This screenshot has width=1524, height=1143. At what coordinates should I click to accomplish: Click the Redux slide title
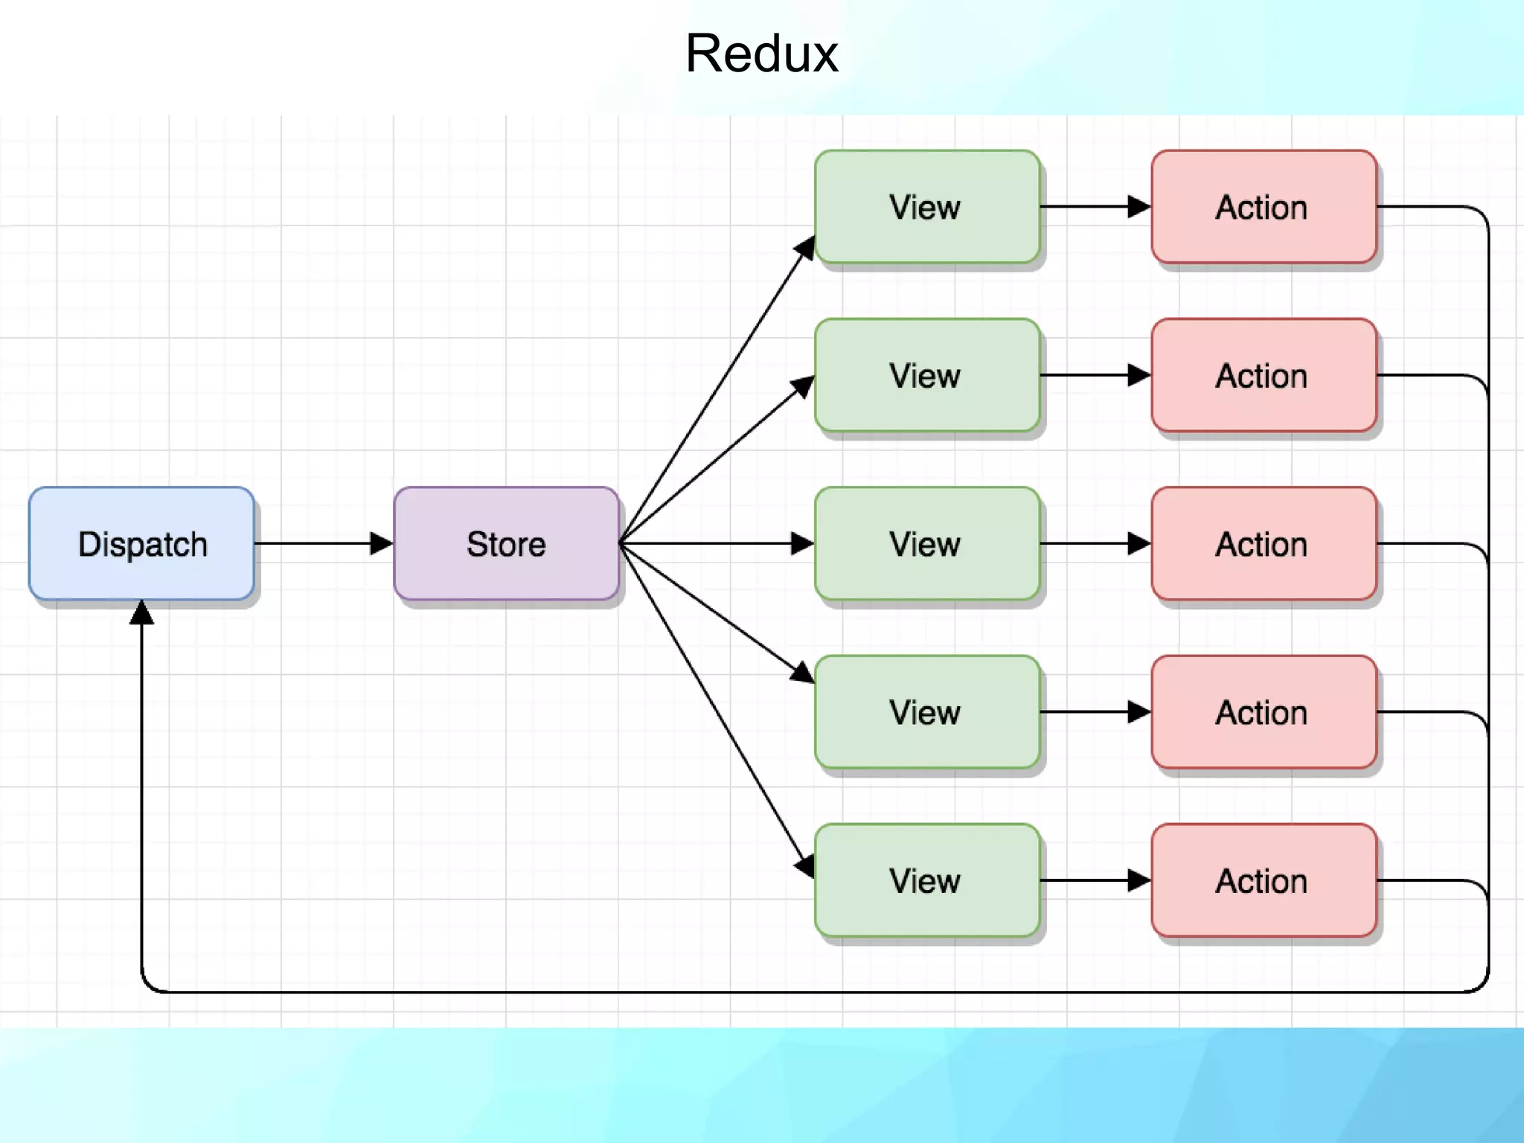(761, 54)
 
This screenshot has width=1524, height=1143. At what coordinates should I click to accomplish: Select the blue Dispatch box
(141, 543)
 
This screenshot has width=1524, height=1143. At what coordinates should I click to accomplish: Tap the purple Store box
(506, 543)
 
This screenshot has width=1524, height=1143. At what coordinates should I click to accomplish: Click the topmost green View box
(926, 207)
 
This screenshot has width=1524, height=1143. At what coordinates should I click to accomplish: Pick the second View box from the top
(926, 375)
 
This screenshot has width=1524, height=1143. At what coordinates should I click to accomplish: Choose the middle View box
(926, 543)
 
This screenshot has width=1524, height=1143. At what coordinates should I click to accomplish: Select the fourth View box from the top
(926, 711)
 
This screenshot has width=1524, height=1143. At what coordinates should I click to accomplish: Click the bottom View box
(926, 880)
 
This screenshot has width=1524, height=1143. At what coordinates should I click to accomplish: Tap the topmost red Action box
(1263, 207)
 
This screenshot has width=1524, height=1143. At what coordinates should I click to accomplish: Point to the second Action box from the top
(1263, 375)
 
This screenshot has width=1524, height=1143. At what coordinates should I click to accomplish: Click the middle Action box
(1263, 543)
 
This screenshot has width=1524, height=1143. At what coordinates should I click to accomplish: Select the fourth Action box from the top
(1263, 711)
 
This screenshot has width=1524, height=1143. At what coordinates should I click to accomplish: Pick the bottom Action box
(1263, 880)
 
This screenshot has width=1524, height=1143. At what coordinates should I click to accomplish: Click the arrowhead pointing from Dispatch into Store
(381, 543)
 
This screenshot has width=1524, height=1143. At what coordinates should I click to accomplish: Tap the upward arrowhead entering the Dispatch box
(141, 613)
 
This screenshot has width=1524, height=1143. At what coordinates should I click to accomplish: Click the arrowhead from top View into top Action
(1139, 207)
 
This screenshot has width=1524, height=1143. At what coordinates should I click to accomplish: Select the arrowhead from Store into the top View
(805, 249)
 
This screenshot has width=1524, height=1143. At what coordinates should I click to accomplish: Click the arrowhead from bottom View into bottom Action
(1139, 880)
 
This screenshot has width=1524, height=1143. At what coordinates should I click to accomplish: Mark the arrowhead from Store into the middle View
(802, 543)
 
